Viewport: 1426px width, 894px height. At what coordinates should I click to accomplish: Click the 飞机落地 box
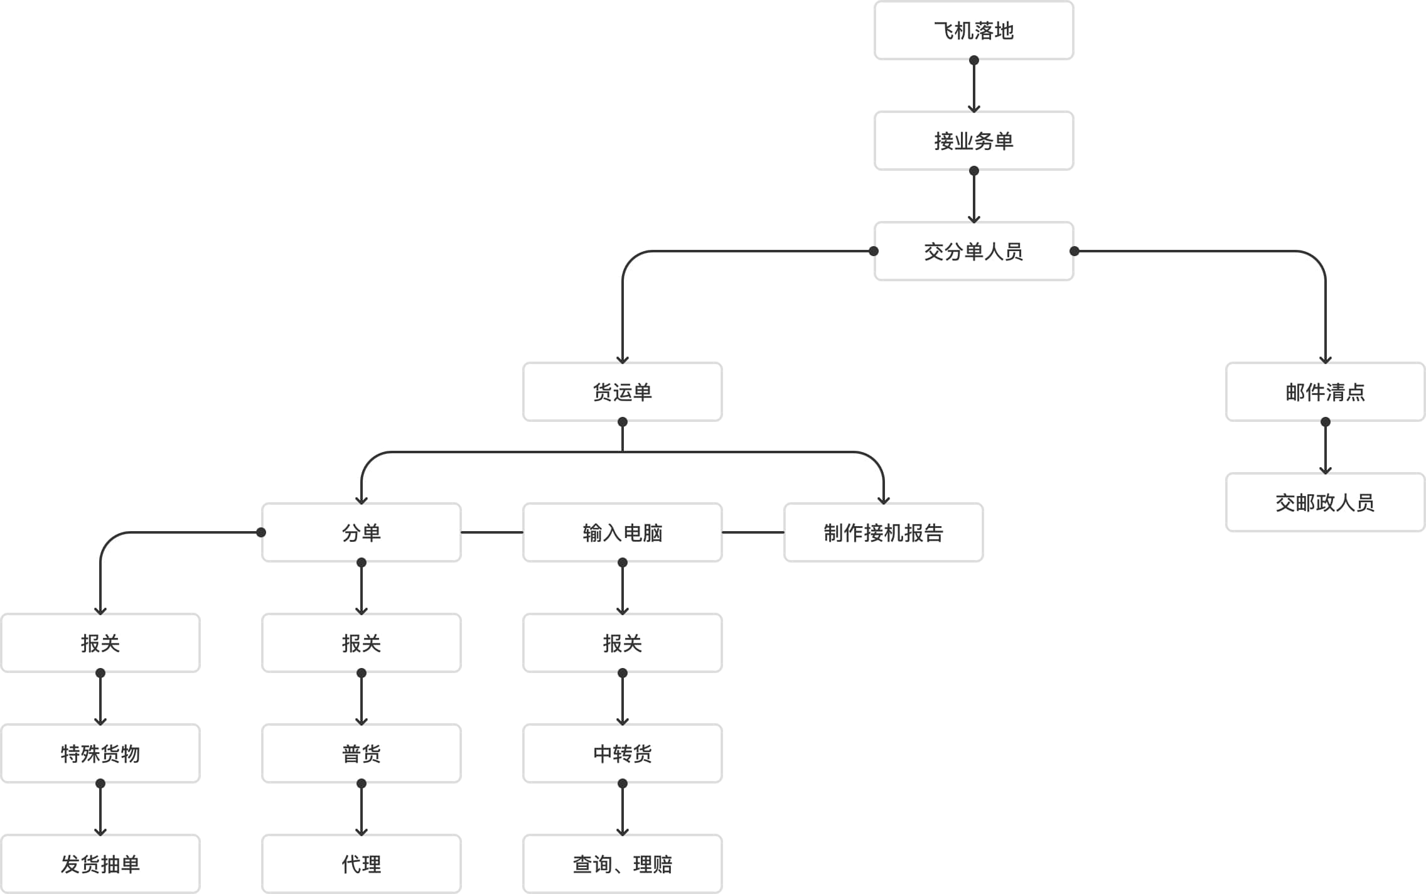pos(973,30)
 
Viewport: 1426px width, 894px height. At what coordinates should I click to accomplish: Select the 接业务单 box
pos(973,141)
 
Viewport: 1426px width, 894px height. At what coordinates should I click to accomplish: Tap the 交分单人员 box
pos(973,251)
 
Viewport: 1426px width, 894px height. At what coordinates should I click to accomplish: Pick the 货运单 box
pos(622,392)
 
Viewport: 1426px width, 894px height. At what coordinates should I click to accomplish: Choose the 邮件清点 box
pos(1325,392)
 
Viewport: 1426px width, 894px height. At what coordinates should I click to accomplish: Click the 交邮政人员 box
pos(1325,502)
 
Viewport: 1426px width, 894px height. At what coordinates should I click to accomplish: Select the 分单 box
pos(361,532)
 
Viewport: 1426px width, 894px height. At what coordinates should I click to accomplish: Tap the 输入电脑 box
pos(622,532)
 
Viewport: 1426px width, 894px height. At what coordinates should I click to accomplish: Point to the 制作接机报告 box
pos(883,532)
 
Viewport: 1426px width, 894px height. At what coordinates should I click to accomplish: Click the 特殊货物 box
pos(100,753)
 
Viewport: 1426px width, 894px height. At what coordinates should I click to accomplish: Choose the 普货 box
pos(361,753)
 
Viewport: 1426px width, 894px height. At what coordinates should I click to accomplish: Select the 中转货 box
pos(622,753)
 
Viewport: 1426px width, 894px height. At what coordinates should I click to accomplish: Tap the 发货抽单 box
pos(100,864)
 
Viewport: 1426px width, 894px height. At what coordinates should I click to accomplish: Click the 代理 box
pos(361,864)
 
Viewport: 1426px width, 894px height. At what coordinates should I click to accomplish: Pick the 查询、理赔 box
pos(622,864)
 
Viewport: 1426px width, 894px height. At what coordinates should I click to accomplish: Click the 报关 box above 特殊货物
pos(100,643)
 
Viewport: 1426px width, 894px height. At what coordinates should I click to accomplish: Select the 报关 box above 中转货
pos(622,643)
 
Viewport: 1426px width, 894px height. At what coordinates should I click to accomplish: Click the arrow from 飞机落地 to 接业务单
pos(973,85)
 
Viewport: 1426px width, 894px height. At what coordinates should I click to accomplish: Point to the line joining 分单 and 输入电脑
pos(492,532)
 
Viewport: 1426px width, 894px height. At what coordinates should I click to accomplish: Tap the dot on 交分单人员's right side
pos(1075,251)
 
